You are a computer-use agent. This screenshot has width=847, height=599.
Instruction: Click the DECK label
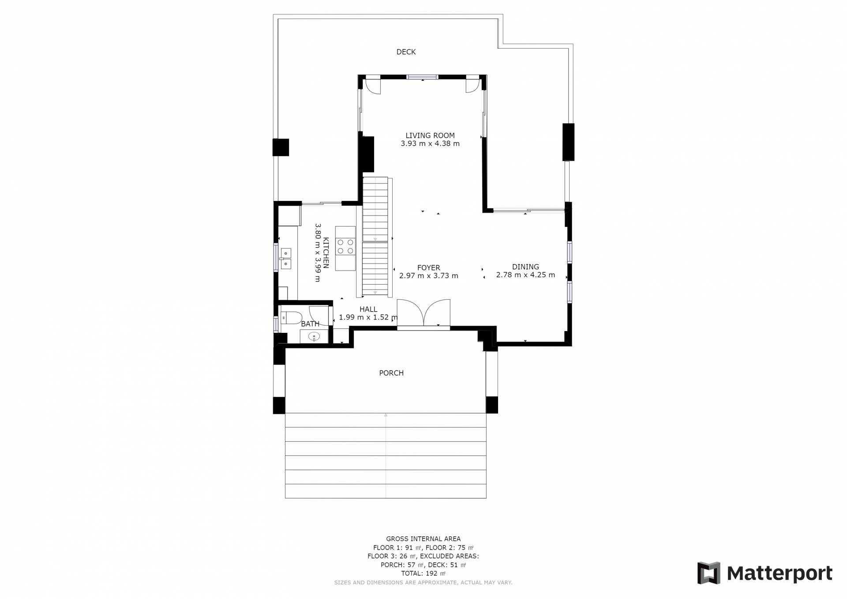click(x=406, y=52)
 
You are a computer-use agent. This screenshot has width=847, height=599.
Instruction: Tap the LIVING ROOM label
click(x=430, y=136)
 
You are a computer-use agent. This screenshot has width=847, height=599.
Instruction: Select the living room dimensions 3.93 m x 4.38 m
click(x=430, y=143)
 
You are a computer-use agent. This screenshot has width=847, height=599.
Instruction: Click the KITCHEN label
click(x=326, y=253)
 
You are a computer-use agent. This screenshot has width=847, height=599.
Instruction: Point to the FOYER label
click(x=429, y=267)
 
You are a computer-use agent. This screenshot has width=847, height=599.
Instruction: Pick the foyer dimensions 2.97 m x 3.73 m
click(x=429, y=276)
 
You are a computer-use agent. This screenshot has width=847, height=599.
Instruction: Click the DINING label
click(x=525, y=267)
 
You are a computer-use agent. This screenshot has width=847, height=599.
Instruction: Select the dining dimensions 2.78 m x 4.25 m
click(x=525, y=275)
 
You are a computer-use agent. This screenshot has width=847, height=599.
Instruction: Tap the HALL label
click(x=368, y=309)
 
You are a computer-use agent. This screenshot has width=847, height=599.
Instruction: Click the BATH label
click(x=310, y=324)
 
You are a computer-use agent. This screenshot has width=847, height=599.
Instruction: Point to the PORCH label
click(x=391, y=373)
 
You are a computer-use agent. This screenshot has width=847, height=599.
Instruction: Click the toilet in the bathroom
click(x=291, y=317)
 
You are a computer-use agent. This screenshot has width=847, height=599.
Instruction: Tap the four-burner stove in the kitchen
click(x=345, y=246)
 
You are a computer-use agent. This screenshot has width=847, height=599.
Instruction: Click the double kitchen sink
click(x=285, y=259)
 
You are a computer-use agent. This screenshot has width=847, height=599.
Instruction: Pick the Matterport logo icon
click(x=708, y=573)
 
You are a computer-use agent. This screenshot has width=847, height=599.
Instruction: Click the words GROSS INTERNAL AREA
click(x=423, y=539)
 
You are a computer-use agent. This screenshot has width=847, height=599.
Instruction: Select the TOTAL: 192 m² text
click(x=423, y=573)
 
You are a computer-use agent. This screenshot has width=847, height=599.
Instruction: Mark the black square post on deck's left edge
click(x=281, y=147)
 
